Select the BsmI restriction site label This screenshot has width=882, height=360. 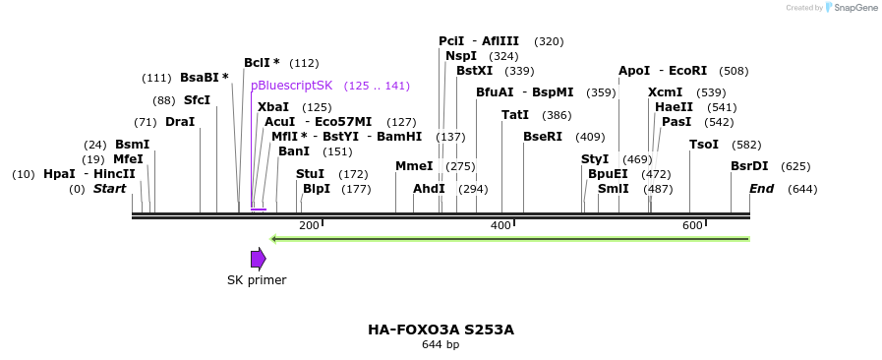pos(132,145)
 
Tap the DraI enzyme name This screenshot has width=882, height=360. pos(180,122)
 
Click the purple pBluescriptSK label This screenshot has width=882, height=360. pos(291,86)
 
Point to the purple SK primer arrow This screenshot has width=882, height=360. pos(258,259)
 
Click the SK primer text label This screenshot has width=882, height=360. pos(257,280)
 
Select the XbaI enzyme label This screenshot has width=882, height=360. pos(273,107)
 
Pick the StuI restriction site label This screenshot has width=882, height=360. pos(310,174)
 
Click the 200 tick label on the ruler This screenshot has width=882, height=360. pos(309,226)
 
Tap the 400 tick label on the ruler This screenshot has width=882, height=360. pos(500,226)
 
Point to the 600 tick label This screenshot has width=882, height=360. pos(692,226)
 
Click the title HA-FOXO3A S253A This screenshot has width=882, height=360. pos(441,330)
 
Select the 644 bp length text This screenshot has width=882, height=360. pos(441,345)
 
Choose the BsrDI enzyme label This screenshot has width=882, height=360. pos(749,166)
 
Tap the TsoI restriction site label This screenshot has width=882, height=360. pos(704,145)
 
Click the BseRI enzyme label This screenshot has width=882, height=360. pos(543,137)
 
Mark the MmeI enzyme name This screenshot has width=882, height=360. pos(414,166)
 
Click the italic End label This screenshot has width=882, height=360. pos(762,189)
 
